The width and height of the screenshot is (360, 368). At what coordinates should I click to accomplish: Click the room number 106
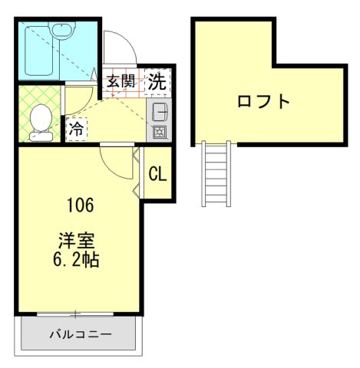tap(80, 205)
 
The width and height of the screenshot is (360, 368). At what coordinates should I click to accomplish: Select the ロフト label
tap(263, 100)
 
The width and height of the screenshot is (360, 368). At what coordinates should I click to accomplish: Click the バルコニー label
tap(81, 334)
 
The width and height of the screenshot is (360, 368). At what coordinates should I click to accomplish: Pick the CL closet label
tap(157, 174)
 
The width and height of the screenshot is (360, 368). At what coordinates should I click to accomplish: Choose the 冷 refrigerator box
tap(77, 129)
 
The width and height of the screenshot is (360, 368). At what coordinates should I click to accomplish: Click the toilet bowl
tap(41, 118)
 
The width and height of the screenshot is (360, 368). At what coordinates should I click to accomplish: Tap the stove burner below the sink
tap(160, 132)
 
